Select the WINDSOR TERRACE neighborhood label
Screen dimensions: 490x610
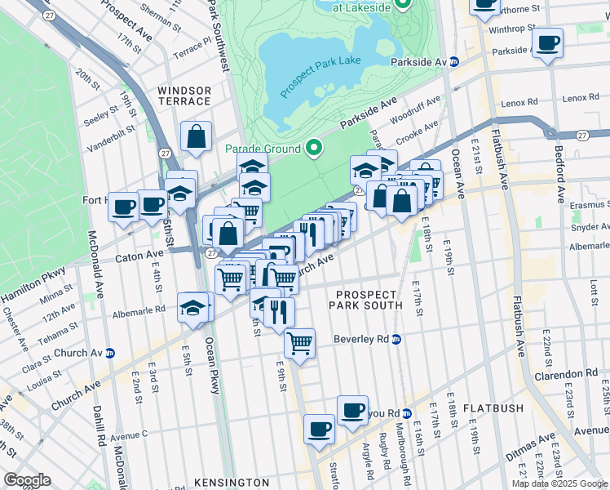coord(184,96)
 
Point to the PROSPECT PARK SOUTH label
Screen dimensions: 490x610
coord(365,300)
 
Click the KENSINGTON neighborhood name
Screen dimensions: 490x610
coord(232,483)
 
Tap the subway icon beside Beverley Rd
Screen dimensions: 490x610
coord(396,339)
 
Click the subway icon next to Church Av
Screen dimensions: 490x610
coord(109,353)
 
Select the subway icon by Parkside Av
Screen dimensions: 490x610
coord(455,62)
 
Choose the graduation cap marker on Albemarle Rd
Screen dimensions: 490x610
coord(192,308)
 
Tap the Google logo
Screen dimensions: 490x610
coord(27,480)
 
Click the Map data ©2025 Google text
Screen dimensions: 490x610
coord(560,483)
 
